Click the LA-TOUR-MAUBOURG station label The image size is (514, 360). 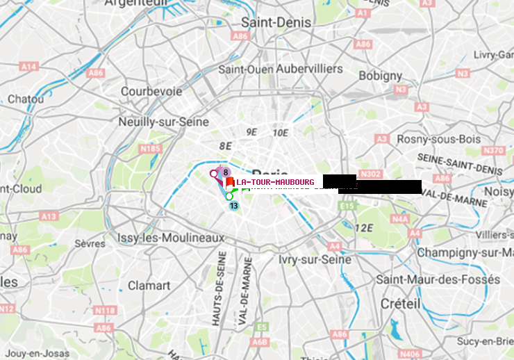tap(275, 183)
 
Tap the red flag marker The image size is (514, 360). tap(229, 183)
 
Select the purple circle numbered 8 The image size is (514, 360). tap(225, 172)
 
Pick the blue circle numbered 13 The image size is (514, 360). tap(233, 206)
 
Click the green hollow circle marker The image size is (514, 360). tap(229, 196)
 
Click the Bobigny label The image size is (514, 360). tap(380, 75)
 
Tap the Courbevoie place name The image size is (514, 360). tap(151, 91)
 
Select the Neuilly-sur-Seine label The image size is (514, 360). tap(164, 122)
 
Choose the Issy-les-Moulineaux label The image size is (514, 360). tap(171, 238)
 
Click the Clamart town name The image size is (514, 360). tap(149, 286)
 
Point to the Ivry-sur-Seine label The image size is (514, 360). tap(315, 259)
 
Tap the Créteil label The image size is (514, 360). tap(401, 304)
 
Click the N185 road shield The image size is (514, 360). tap(150, 148)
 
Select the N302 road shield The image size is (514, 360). tap(372, 174)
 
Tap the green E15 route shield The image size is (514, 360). tap(347, 206)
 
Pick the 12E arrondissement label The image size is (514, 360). tap(364, 228)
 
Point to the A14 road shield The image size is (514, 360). tap(28, 67)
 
